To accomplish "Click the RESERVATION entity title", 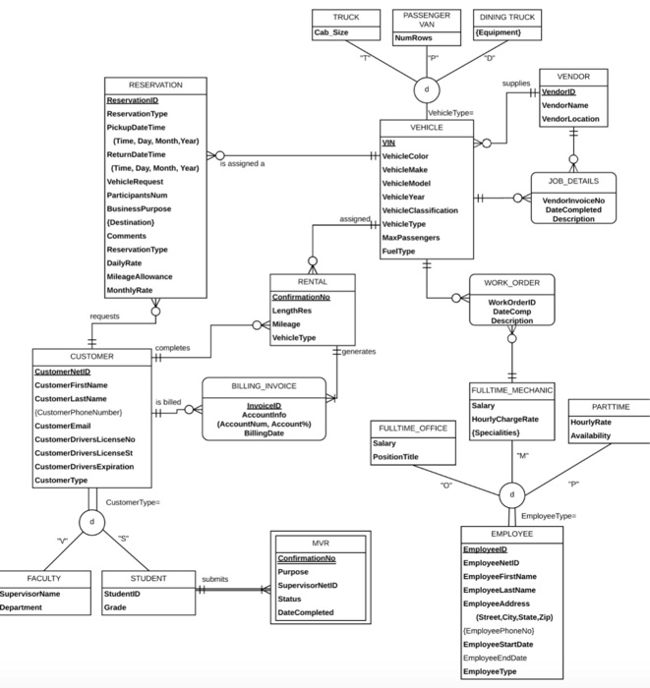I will coord(155,86).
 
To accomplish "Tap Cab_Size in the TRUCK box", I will coord(331,32).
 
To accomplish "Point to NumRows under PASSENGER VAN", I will coord(413,38).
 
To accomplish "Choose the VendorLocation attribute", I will coord(570,119).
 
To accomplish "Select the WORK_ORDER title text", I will coord(511,283).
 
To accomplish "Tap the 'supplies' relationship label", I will coord(515,84).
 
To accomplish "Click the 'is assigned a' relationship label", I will coord(242,164).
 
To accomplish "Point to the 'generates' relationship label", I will coord(359,351).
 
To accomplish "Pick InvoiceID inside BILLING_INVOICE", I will coord(264,405).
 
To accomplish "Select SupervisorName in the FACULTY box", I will coord(30,594).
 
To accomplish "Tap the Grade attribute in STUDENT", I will coord(116,607).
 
